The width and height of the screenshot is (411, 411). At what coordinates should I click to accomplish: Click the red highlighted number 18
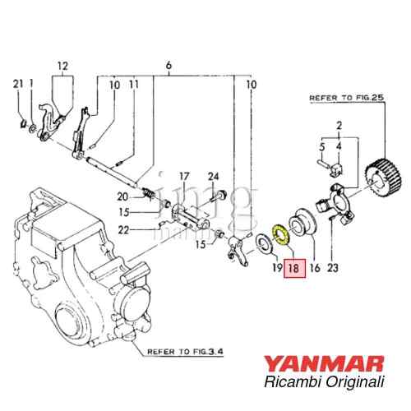294,267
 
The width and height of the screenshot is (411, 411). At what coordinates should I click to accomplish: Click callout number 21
18,84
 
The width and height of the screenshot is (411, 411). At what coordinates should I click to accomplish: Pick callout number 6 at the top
169,65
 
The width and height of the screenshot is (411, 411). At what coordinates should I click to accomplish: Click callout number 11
134,85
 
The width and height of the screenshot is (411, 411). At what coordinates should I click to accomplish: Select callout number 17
184,177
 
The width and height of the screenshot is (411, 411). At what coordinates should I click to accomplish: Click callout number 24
213,177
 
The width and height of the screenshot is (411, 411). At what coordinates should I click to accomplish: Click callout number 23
333,267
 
